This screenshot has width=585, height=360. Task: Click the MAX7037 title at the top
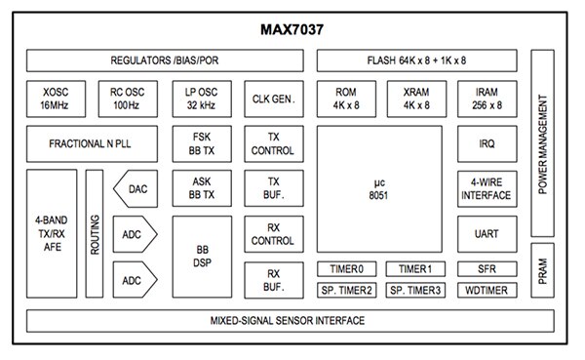pos(292,30)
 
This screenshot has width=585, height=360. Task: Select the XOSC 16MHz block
pos(56,98)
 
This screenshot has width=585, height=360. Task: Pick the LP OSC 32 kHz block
pos(202,98)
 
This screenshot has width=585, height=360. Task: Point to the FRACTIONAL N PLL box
pos(91,143)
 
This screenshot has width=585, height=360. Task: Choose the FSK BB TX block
pos(202,143)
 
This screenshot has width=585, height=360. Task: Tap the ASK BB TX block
pos(202,189)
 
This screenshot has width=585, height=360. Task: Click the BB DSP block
pos(202,256)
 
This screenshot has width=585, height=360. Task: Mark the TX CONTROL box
pos(273,143)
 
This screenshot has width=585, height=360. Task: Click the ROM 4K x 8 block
pos(346,98)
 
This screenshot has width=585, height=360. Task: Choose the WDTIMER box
pos(486,291)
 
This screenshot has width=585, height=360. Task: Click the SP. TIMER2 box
pos(346,291)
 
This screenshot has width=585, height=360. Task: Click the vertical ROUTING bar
pos(95,234)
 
